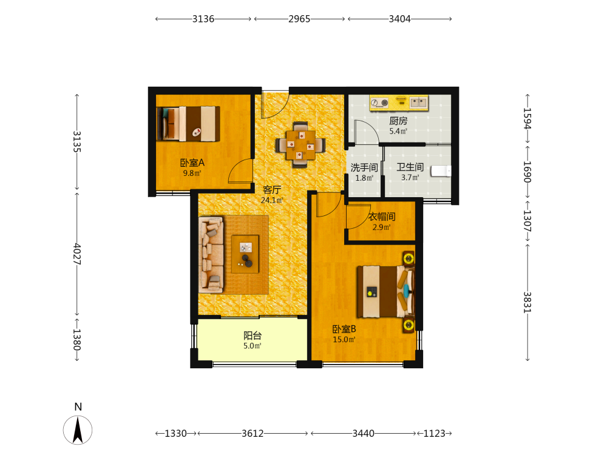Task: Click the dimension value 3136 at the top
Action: tap(203, 19)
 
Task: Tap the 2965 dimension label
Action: tap(299, 19)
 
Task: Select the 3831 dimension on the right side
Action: tap(527, 302)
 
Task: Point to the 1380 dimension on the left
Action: tap(77, 339)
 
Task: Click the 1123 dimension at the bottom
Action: tap(435, 433)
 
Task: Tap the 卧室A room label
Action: tap(192, 163)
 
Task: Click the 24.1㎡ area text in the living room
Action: tap(272, 200)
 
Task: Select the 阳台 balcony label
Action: tap(253, 335)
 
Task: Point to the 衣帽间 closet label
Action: tap(382, 217)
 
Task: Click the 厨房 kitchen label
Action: tap(398, 121)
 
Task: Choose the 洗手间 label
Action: tap(364, 167)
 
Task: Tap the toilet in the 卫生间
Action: tap(441, 170)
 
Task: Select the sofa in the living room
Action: tap(211, 255)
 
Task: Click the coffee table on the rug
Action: tap(245, 254)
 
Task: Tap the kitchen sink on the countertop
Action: tap(418, 103)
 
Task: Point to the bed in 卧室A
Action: tap(188, 124)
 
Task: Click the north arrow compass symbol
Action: tap(78, 430)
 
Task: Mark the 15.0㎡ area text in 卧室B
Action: tap(344, 340)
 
